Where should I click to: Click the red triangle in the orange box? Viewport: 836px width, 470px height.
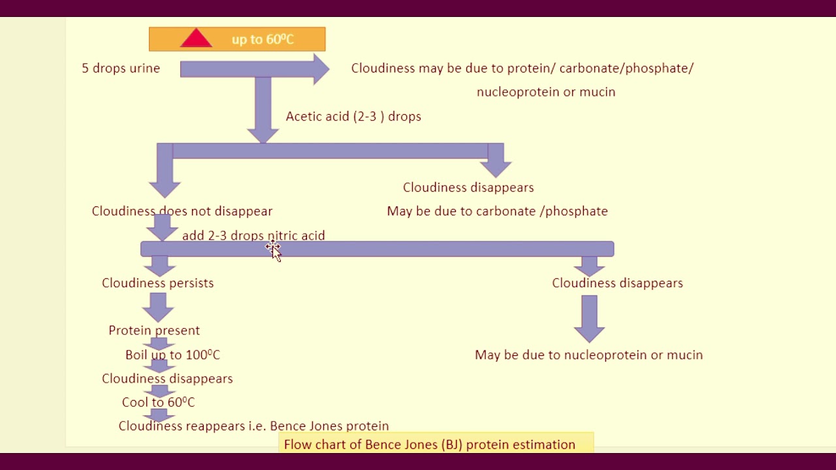(196, 39)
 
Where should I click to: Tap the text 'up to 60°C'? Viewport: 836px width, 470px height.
(263, 39)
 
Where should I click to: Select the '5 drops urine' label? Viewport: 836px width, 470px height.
(121, 68)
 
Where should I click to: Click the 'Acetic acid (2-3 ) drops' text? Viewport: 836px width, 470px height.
(353, 116)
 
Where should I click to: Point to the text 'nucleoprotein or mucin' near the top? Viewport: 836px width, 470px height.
(546, 92)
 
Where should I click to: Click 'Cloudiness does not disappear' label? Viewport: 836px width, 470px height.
(182, 211)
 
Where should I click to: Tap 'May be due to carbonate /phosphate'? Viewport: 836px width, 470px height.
(497, 211)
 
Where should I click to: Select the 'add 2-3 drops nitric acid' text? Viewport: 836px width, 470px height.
(253, 236)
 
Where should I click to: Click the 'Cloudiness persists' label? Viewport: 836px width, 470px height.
(157, 283)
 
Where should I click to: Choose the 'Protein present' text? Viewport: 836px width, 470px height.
(154, 330)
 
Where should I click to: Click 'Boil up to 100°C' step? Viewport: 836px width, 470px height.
(172, 354)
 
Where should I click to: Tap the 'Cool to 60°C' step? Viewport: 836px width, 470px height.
(158, 402)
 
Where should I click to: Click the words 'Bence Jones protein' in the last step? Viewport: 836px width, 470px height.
(329, 426)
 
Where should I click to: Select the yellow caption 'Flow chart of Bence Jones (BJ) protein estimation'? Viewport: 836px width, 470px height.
(430, 445)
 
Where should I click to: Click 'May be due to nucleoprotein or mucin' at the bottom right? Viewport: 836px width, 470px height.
(588, 354)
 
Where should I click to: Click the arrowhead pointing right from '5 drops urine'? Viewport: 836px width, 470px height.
(321, 69)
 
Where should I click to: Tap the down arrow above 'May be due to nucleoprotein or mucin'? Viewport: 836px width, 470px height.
(589, 319)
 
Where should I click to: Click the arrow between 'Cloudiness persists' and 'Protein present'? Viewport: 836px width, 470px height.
(158, 306)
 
